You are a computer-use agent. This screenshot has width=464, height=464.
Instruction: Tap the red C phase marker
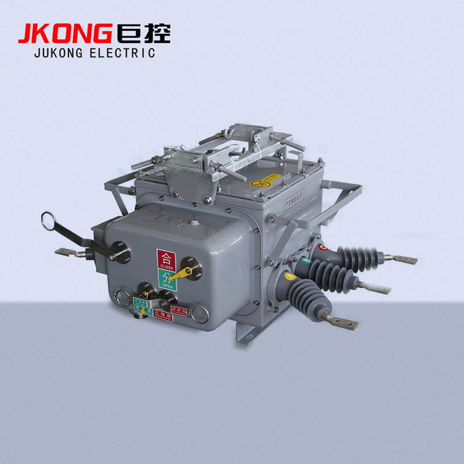tap(323, 248)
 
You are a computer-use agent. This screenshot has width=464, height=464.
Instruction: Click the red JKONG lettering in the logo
tap(64, 33)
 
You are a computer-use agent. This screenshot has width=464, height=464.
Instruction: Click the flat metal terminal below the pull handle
tap(65, 253)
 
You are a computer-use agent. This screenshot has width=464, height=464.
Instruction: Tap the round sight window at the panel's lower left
tap(123, 298)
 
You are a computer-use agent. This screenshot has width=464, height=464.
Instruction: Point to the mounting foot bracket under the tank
tap(244, 335)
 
